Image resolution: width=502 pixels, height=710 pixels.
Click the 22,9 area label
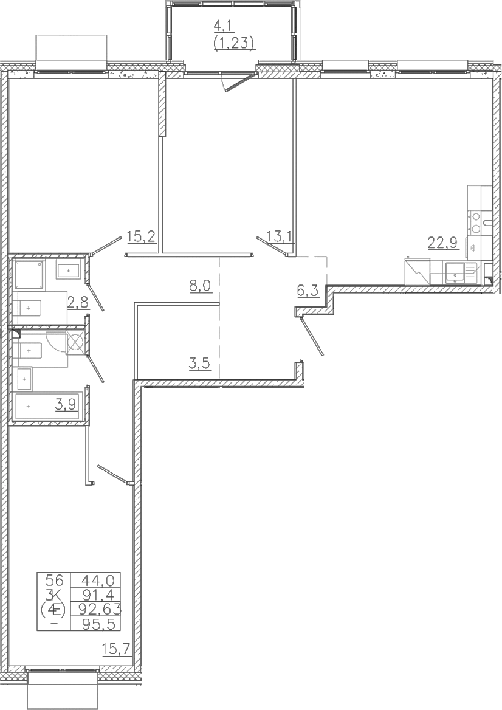click(442, 243)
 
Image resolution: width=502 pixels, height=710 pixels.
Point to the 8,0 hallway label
click(199, 286)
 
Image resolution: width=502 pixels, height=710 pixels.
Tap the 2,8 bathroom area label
click(78, 303)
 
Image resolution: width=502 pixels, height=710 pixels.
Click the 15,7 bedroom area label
click(116, 650)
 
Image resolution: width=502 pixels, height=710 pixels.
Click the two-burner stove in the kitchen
click(476, 222)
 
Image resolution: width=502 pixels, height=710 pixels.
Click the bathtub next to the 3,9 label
click(47, 407)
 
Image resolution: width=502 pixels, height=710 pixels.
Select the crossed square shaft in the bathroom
click(75, 342)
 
